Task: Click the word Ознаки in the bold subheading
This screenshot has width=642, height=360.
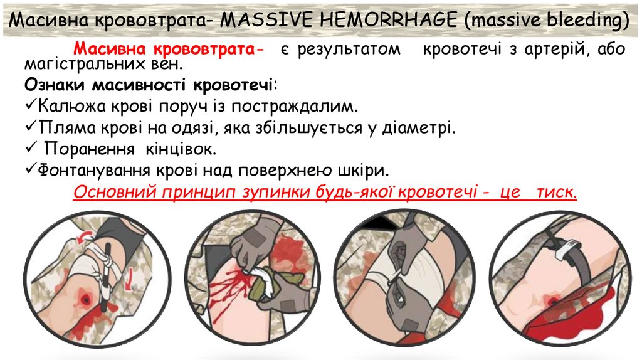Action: pos(56,84)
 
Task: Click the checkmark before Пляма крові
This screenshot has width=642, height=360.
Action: pos(31,127)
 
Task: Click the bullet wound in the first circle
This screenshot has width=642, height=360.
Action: pos(84,300)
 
